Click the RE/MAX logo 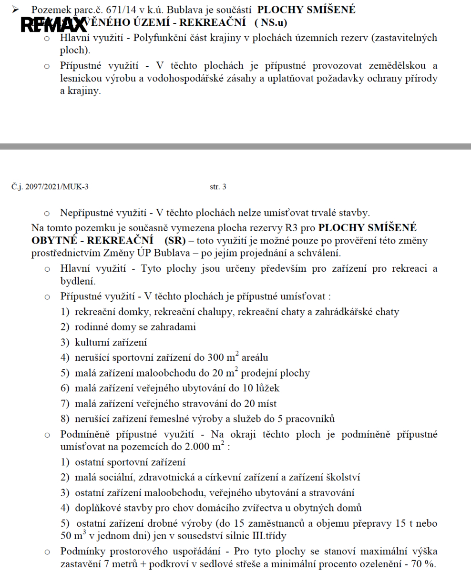pyautogui.click(x=53, y=24)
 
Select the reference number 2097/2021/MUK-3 pyautogui.click(x=50, y=187)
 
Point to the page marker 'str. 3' pyautogui.click(x=218, y=187)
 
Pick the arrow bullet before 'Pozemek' pyautogui.click(x=16, y=10)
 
